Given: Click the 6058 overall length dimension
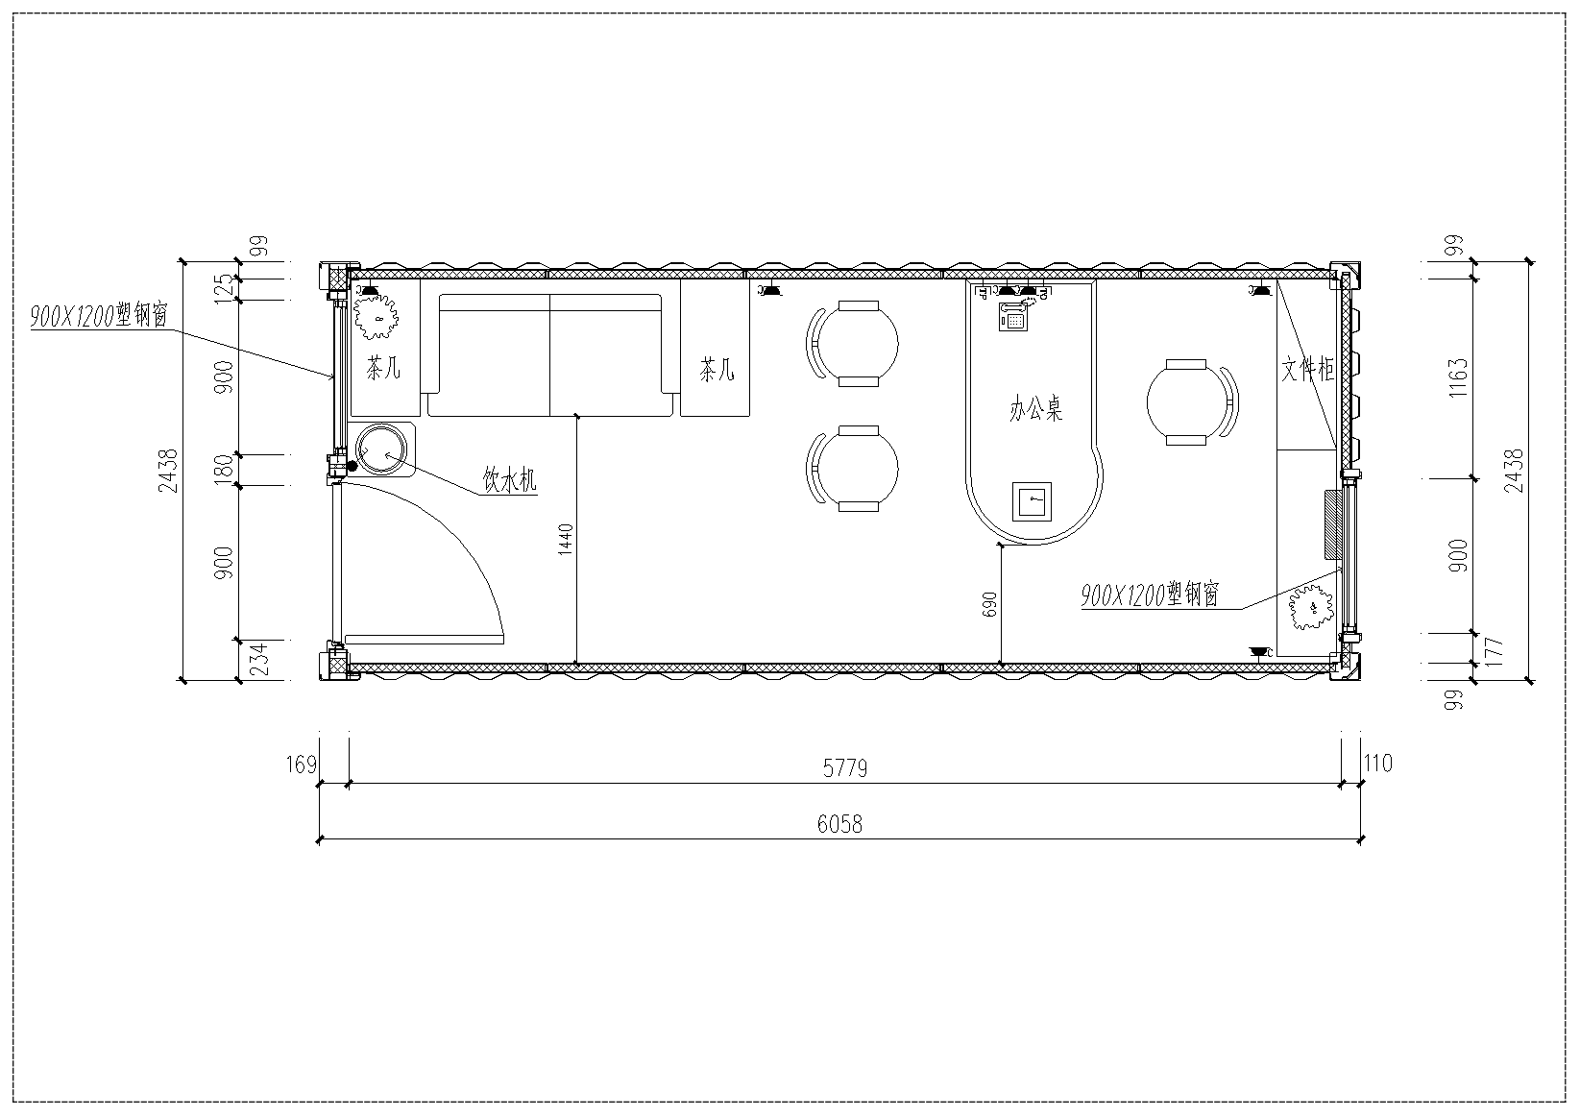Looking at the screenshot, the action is click(x=839, y=824).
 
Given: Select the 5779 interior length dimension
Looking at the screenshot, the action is click(x=845, y=768).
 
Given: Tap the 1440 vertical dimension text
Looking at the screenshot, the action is click(x=566, y=539).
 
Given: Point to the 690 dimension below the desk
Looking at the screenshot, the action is click(x=989, y=604).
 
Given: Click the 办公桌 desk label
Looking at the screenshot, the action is click(x=1035, y=408).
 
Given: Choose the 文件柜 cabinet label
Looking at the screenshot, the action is click(x=1307, y=369).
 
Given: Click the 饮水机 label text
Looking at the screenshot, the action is click(x=509, y=479).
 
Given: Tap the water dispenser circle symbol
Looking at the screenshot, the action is click(x=381, y=449).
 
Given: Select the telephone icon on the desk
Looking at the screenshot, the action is click(x=1013, y=317).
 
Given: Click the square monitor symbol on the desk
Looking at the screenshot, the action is click(x=1032, y=501).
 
